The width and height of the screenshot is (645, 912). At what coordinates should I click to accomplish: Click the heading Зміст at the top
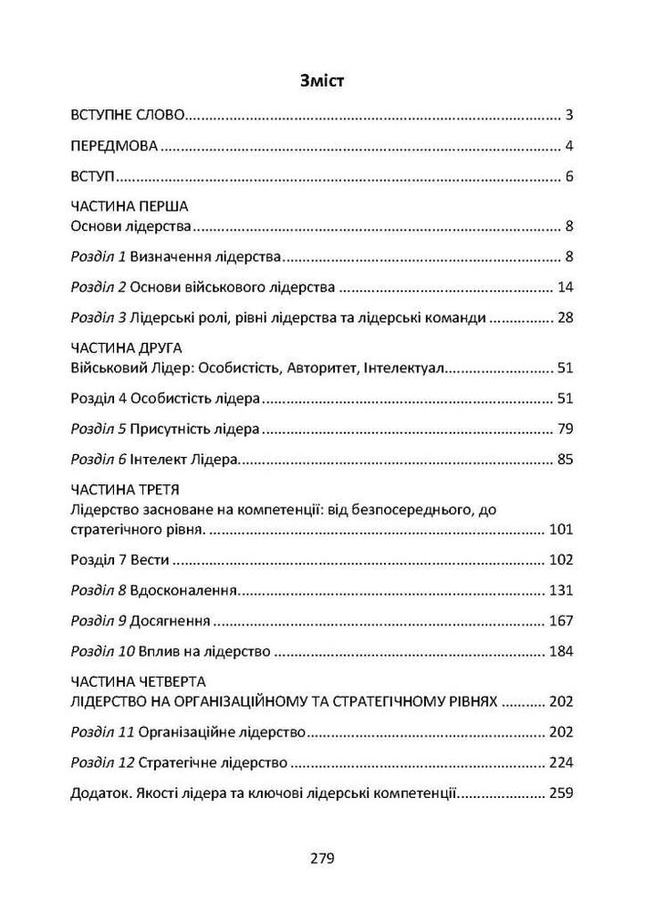coord(322,80)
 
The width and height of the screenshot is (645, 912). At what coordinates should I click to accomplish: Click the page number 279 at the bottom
coord(322,857)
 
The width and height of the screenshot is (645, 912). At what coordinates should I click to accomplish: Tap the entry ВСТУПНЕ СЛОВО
coord(128,116)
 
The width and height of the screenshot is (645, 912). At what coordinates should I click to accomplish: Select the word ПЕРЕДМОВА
coord(115,146)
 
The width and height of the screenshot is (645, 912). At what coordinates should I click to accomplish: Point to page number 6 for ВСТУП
coord(568,176)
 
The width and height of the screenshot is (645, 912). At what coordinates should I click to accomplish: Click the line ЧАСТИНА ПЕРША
coord(129,207)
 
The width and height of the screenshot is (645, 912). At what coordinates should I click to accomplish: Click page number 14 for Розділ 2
coord(564,287)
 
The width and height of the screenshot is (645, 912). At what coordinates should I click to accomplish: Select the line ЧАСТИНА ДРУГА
coord(127,348)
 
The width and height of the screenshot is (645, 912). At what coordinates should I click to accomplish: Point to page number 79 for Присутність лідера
coord(564,429)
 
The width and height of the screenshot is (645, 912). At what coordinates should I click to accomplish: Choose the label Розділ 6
coord(99,459)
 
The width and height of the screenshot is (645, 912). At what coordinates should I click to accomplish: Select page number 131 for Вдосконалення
coord(560,590)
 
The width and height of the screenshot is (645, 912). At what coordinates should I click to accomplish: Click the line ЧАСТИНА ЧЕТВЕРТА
coord(138,681)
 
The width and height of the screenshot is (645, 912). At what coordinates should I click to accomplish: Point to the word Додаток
coord(98,793)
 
